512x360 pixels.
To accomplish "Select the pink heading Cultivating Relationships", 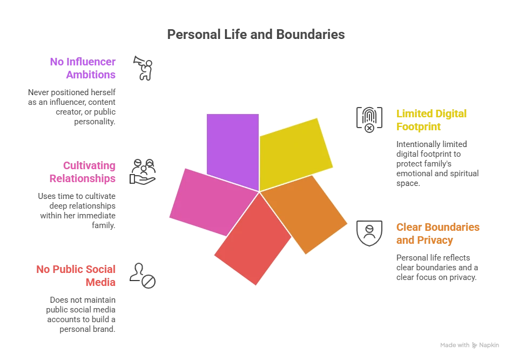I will pos(89,172).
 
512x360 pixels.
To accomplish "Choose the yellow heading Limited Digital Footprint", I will pos(430,121).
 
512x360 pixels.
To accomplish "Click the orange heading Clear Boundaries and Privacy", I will pos(437,234).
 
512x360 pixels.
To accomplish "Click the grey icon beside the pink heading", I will pos(143,171).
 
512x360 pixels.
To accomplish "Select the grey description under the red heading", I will pos(81,314).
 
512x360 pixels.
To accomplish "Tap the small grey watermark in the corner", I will pos(470,345).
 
